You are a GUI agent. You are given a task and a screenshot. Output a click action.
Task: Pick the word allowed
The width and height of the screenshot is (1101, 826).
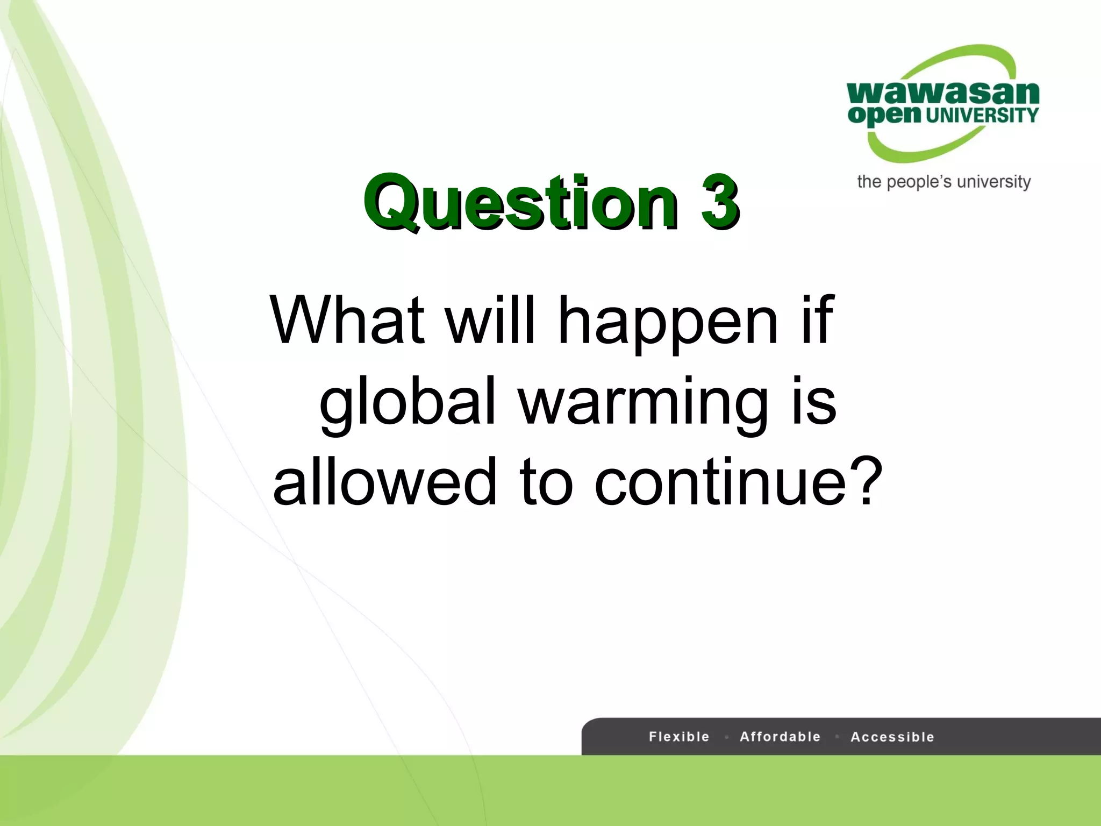pyautogui.click(x=385, y=481)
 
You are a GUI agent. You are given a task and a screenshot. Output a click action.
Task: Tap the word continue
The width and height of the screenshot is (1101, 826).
pyautogui.click(x=721, y=481)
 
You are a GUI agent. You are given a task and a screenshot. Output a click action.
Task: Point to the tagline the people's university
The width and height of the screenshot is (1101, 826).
pyautogui.click(x=943, y=182)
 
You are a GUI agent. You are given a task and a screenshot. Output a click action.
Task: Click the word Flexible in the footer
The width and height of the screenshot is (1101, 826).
pyautogui.click(x=679, y=736)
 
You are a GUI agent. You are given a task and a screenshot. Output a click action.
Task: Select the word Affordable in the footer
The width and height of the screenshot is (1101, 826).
pyautogui.click(x=780, y=736)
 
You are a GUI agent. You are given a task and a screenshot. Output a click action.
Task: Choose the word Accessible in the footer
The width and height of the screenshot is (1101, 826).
pyautogui.click(x=892, y=737)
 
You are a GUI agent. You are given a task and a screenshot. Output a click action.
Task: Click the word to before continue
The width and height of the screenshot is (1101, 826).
pyautogui.click(x=546, y=481)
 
